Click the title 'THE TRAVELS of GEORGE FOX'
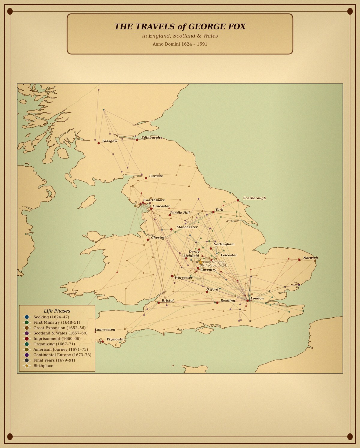(180, 27)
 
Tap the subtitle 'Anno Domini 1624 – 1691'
(180, 44)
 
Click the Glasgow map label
(110, 141)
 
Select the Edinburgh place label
(151, 138)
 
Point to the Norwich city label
(310, 258)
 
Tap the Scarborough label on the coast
(254, 198)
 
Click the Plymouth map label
(115, 339)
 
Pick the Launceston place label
(105, 330)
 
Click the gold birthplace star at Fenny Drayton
(200, 262)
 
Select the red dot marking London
(247, 300)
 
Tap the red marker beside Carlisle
(146, 178)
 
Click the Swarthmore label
(154, 200)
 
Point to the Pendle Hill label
(180, 213)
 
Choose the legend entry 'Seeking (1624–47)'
(51, 317)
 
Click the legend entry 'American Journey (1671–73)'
(56, 350)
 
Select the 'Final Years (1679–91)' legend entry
(54, 360)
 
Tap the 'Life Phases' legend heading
(57, 311)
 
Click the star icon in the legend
(27, 366)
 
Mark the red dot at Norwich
(299, 260)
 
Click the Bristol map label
(167, 300)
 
